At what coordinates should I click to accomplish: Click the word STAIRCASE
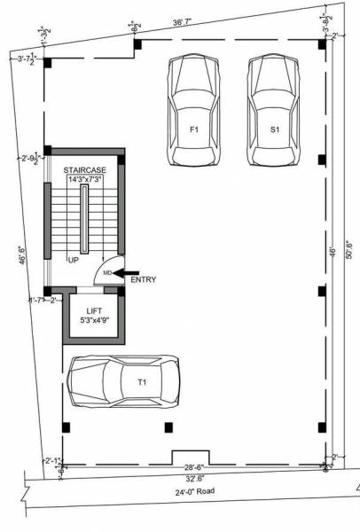[x=86, y=169]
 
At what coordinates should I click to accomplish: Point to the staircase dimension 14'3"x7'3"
[x=86, y=180]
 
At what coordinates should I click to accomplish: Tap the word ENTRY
[x=144, y=280]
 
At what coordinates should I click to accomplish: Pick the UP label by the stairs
[x=74, y=261]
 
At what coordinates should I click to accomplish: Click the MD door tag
[x=107, y=273]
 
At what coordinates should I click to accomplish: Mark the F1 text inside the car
[x=192, y=129]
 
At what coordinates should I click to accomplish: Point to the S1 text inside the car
[x=275, y=129]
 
